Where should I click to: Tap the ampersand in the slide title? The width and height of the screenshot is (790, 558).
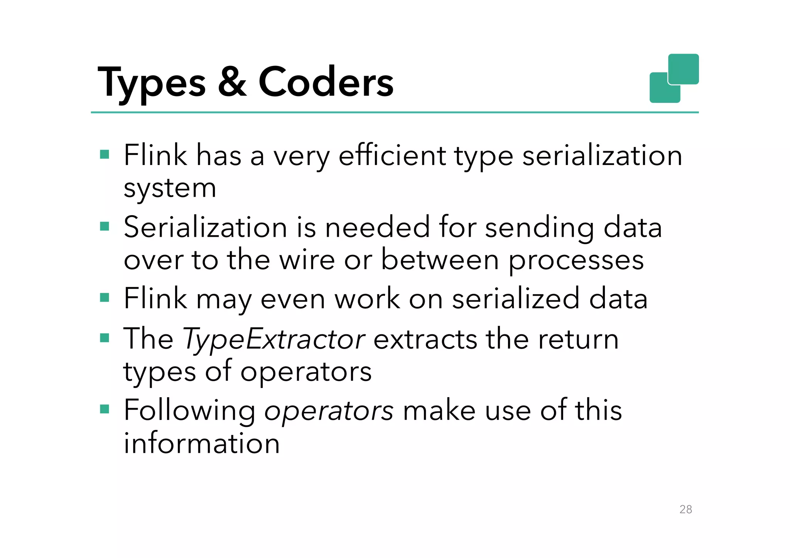click(x=232, y=82)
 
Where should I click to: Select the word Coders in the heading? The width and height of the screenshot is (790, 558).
click(x=326, y=82)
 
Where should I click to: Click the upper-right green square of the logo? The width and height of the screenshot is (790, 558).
click(x=684, y=69)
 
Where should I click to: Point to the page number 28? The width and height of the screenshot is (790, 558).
click(x=685, y=509)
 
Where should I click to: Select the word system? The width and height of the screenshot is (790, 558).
click(x=170, y=189)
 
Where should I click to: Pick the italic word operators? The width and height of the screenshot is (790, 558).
click(x=329, y=411)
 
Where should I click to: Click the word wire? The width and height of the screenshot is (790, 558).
click(x=307, y=260)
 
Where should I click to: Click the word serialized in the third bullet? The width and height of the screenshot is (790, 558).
click(x=516, y=299)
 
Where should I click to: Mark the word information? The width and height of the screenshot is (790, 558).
click(x=201, y=443)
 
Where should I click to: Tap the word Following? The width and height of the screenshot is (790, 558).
click(x=189, y=411)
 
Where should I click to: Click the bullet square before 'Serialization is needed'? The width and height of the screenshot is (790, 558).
click(x=105, y=226)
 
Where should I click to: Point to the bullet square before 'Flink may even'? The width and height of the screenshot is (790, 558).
click(x=105, y=298)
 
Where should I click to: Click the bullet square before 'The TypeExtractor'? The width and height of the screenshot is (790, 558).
click(x=105, y=338)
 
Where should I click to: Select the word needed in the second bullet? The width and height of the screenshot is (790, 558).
click(x=377, y=227)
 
